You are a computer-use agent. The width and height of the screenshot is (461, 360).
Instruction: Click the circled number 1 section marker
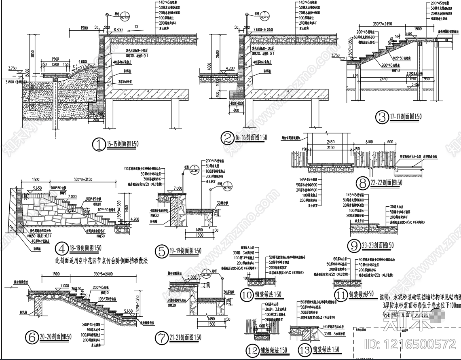[x=99, y=144]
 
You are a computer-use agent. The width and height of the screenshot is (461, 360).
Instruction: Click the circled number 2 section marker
[x=227, y=138]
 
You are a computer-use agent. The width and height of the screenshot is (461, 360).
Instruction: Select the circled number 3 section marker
[x=382, y=117]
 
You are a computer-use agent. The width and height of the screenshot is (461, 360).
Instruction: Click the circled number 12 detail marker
[x=253, y=350]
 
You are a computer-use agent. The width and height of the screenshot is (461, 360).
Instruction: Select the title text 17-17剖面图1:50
[x=405, y=117]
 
